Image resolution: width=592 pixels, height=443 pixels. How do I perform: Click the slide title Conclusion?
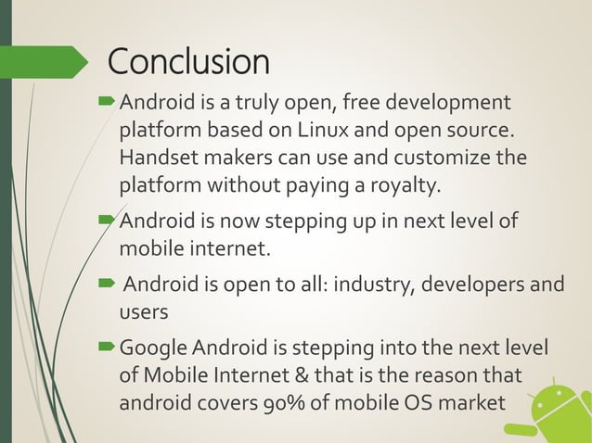(x=188, y=62)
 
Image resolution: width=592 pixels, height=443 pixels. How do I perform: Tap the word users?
(x=144, y=313)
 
